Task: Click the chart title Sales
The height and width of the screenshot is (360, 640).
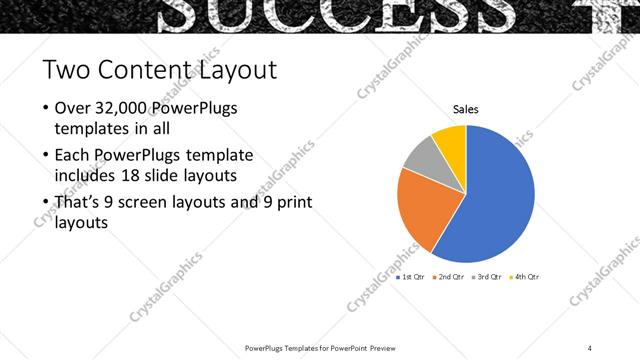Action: coord(466,109)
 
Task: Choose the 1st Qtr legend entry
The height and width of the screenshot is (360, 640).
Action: coord(411,276)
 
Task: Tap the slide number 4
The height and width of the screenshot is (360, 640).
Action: coord(590,347)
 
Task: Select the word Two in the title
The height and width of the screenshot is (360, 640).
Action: coord(65,71)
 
